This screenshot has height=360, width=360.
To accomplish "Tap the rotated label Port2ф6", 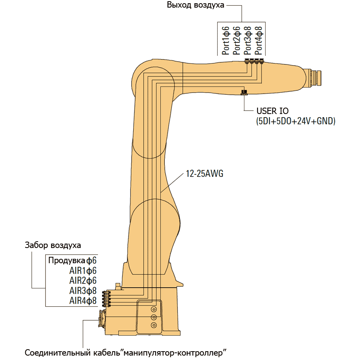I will [x=237, y=40].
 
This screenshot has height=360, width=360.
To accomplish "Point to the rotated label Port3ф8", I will [x=248, y=40].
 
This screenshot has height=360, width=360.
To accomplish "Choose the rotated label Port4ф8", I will [x=259, y=40].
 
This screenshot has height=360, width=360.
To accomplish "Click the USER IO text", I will [x=272, y=111].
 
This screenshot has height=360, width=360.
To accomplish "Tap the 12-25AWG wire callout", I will [x=204, y=174].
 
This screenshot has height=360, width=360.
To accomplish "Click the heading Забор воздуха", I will [x=53, y=245].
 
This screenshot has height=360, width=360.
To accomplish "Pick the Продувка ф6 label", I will [x=72, y=260].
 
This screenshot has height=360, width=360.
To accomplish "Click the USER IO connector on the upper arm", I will [x=244, y=93].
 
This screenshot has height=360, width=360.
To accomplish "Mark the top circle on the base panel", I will [x=154, y=309].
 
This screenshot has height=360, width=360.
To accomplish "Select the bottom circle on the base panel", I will [x=154, y=326].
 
